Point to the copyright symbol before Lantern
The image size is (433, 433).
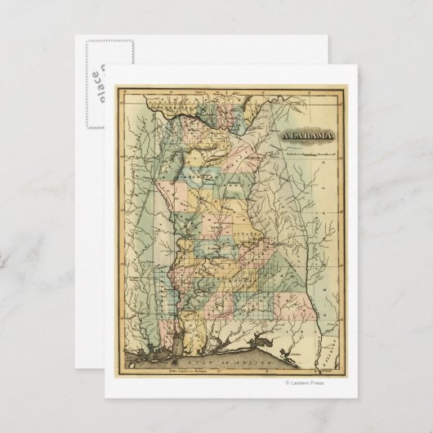288,381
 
